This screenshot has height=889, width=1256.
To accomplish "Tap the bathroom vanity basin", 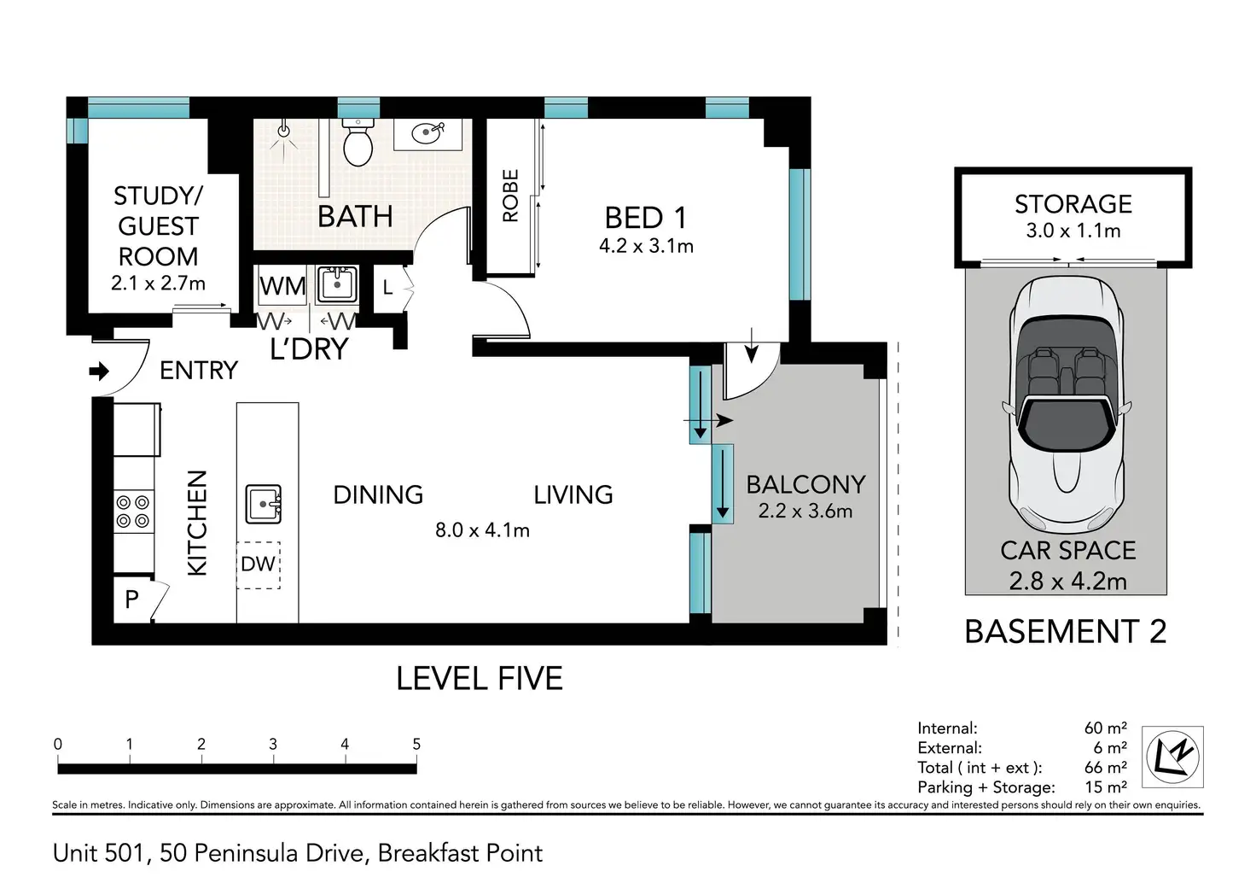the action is tap(427, 133).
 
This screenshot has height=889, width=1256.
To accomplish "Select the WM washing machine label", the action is tap(282, 286).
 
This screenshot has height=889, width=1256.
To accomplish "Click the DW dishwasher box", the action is tap(258, 564).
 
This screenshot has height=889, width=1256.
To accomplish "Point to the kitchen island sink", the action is tap(264, 504).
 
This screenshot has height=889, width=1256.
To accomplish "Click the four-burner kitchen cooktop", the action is tap(133, 512).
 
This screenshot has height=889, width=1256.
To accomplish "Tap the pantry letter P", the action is tap(131, 600).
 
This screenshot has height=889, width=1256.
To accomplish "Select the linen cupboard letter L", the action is tap(387, 288).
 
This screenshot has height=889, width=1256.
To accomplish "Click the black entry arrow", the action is tap(99, 371).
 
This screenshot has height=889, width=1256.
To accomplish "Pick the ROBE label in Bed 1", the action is tap(510, 196).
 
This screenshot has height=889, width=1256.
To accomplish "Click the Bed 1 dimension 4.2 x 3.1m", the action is tap(646, 247).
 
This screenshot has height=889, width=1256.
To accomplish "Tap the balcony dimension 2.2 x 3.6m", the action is tap(805, 512).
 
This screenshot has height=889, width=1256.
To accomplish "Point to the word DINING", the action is tap(378, 495).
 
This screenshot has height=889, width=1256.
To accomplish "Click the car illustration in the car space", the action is tap(1067, 405).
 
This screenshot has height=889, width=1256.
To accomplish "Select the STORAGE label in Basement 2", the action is tap(1073, 204).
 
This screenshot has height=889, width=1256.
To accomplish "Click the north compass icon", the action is tap(1172, 757).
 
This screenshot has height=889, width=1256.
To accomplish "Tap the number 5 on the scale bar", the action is tap(416, 744).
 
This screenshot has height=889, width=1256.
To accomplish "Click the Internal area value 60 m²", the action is tap(1105, 728).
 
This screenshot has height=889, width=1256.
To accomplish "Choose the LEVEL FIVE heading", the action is tap(480, 679).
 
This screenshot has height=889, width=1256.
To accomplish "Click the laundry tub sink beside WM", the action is tap(337, 284).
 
